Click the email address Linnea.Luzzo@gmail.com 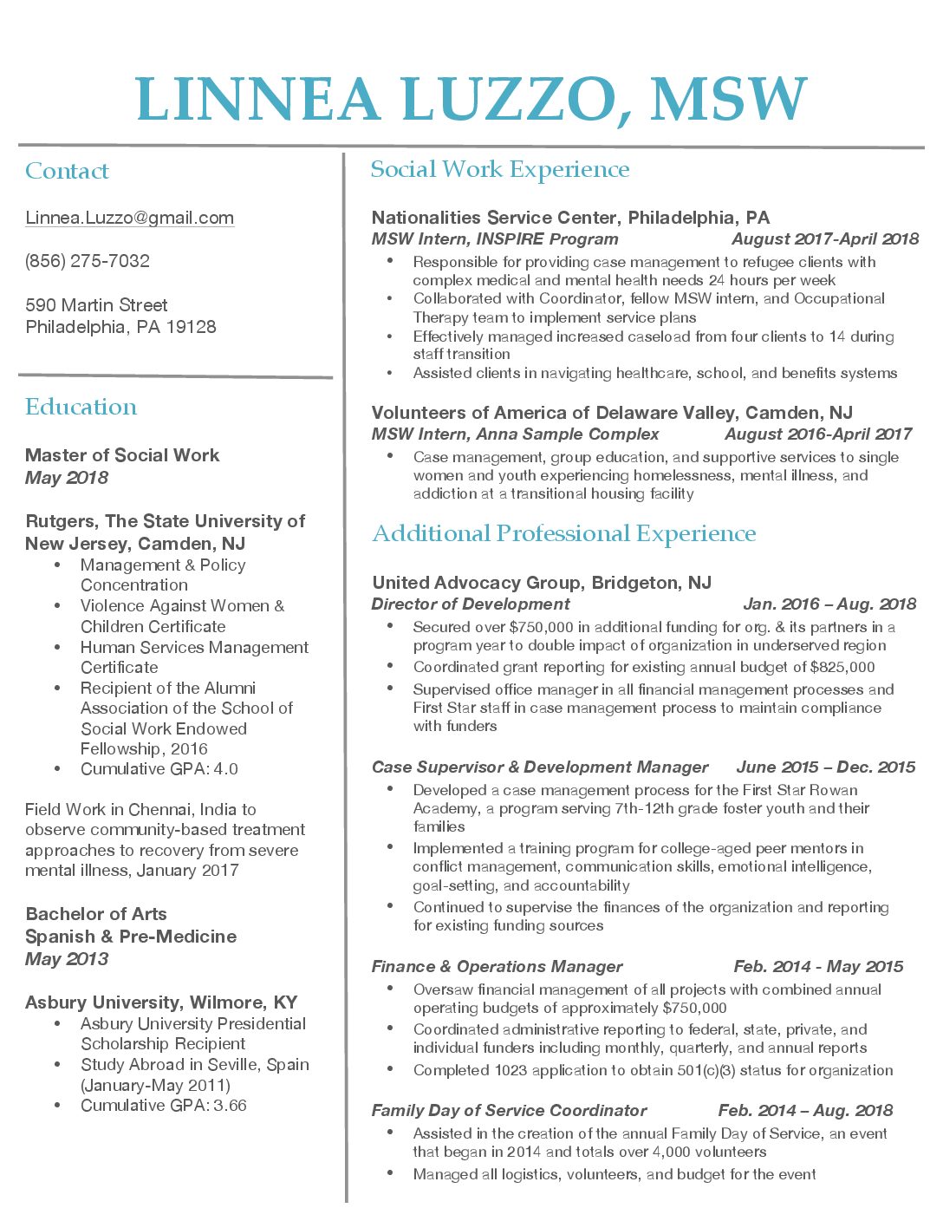[x=129, y=218]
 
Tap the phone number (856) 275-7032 [x=88, y=261]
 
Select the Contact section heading [x=67, y=171]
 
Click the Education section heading [x=81, y=407]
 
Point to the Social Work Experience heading [x=500, y=169]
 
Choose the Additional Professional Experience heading [x=563, y=533]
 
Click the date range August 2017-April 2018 [x=824, y=239]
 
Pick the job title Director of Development [x=471, y=604]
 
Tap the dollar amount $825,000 [x=842, y=667]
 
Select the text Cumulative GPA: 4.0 [x=159, y=769]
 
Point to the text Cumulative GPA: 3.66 [x=163, y=1106]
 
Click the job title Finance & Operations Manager [x=497, y=967]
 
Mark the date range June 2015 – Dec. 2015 [x=825, y=767]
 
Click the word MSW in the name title [x=728, y=100]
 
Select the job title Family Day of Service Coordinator [x=509, y=1111]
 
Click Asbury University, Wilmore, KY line [x=161, y=1002]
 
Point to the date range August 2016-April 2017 [x=817, y=434]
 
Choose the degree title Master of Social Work [x=122, y=455]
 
